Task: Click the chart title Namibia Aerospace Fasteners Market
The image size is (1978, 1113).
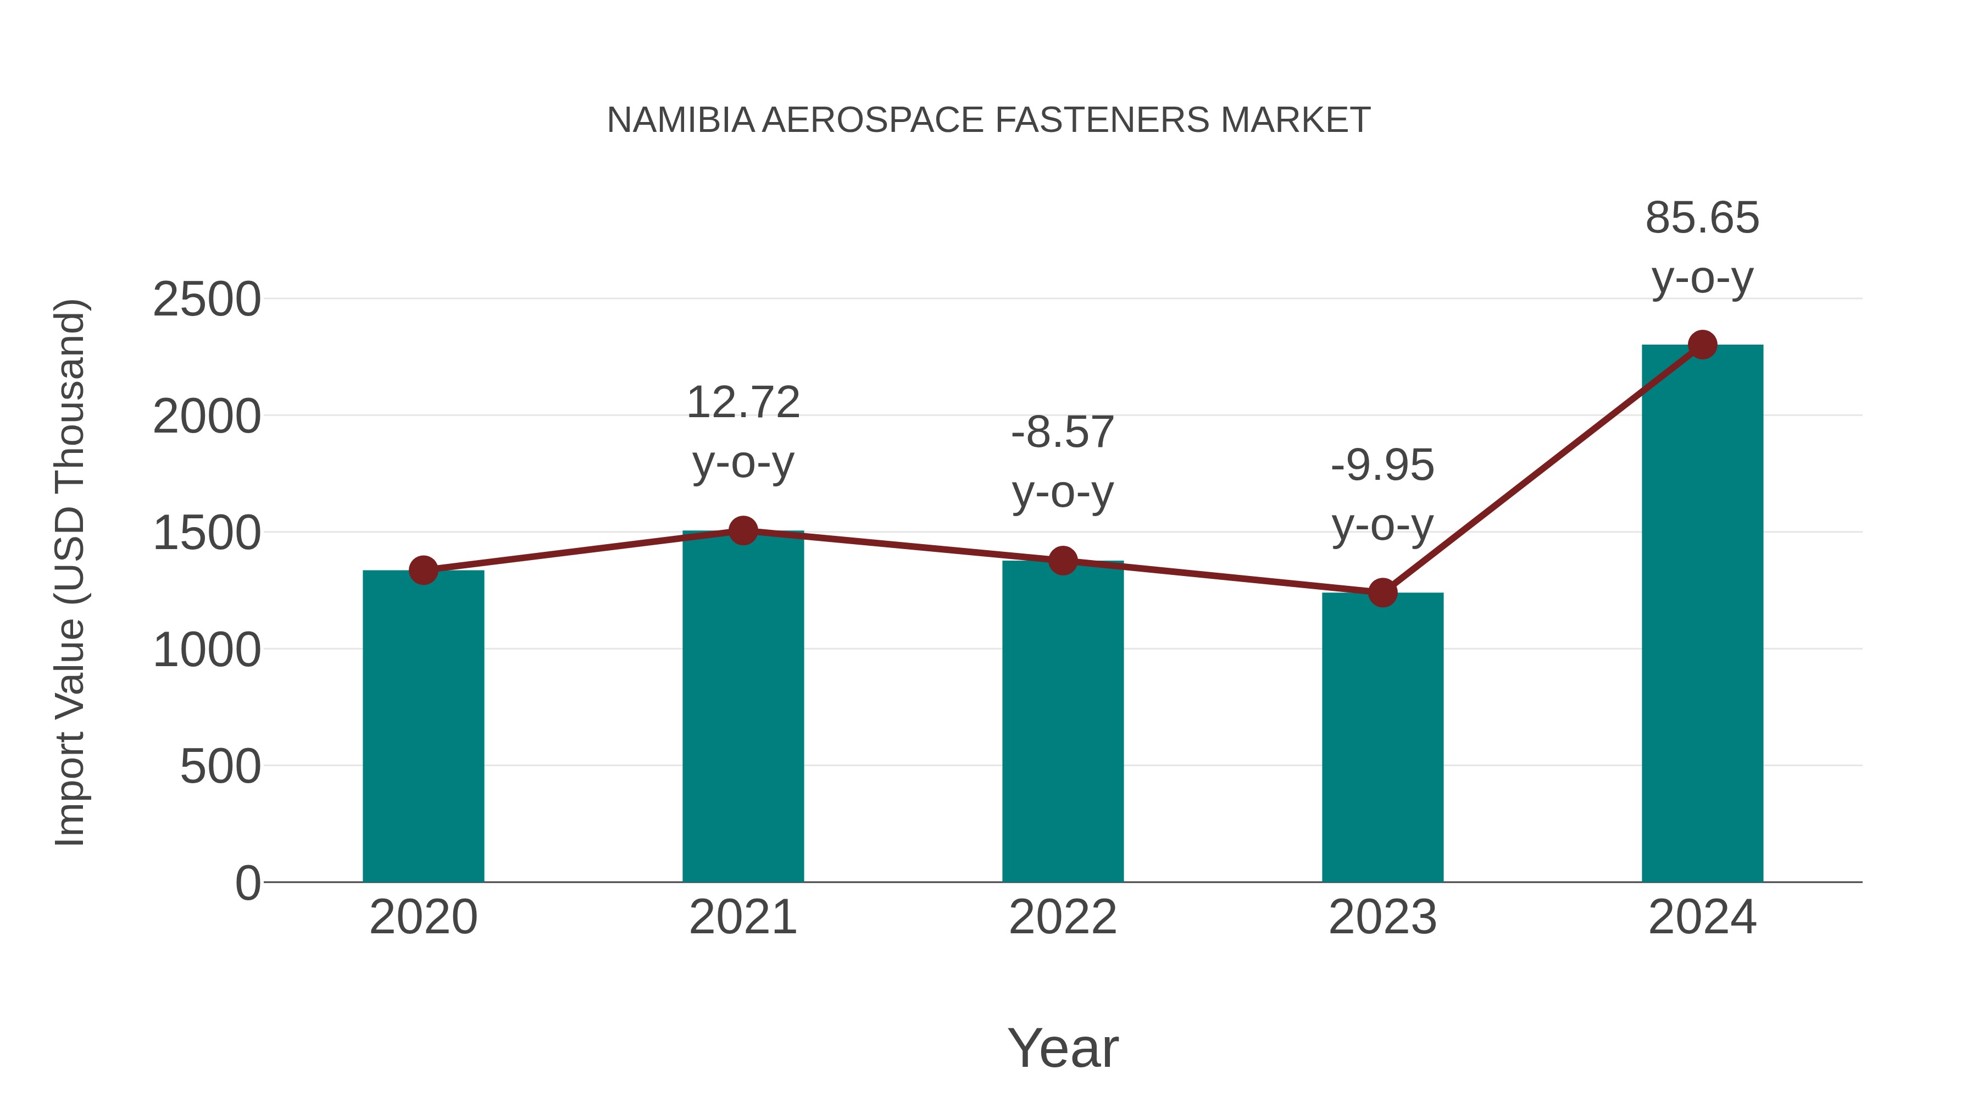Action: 988,120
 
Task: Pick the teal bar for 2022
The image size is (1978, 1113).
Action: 1063,722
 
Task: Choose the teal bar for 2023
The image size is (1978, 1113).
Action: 1382,738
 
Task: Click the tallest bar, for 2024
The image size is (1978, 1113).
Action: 1702,614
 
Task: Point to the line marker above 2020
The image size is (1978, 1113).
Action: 423,570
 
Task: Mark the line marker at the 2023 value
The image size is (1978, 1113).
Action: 1382,592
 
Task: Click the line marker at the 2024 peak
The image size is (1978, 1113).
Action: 1702,345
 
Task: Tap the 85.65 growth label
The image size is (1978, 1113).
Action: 1702,218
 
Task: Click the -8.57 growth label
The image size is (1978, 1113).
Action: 1063,433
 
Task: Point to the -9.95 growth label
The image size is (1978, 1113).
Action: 1382,466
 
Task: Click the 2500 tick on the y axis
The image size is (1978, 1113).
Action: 207,300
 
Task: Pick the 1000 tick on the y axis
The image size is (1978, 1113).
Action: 207,651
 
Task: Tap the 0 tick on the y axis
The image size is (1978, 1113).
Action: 247,883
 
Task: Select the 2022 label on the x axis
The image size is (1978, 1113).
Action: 1063,917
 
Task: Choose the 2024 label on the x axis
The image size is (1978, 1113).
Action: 1702,917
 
